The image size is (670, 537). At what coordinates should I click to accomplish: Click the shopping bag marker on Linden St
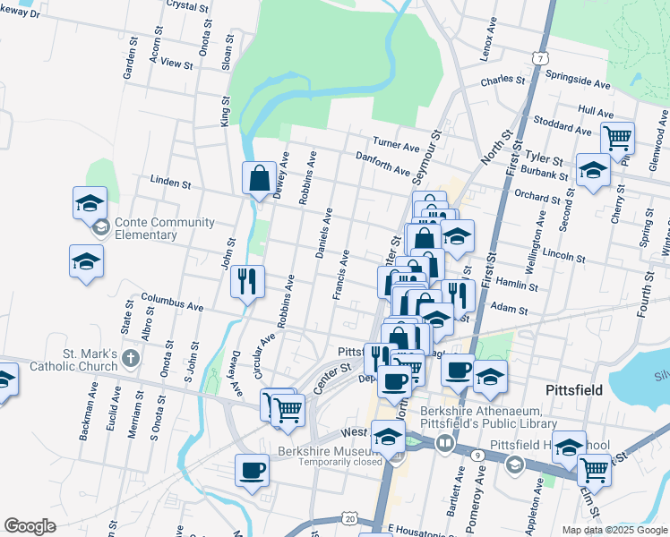[x=259, y=177]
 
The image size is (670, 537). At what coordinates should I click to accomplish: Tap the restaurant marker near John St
[x=246, y=281]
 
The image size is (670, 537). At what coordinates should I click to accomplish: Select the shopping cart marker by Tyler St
[x=617, y=138]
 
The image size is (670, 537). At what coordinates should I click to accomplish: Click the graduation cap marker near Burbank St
[x=593, y=170]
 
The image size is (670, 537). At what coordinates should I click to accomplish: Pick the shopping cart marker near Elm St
[x=594, y=469]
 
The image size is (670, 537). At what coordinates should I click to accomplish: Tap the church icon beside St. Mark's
[x=131, y=360]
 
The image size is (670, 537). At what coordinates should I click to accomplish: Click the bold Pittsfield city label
[x=578, y=391]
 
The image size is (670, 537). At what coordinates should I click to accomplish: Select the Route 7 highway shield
[x=539, y=58]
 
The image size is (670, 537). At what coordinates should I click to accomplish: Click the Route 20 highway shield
[x=348, y=519]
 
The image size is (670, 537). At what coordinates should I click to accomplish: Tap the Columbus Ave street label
[x=172, y=302]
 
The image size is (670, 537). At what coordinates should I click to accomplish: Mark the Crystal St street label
[x=187, y=5]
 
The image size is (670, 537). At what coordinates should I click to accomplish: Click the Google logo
[x=30, y=526]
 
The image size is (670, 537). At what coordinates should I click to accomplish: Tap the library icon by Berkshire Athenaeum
[x=445, y=443]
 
